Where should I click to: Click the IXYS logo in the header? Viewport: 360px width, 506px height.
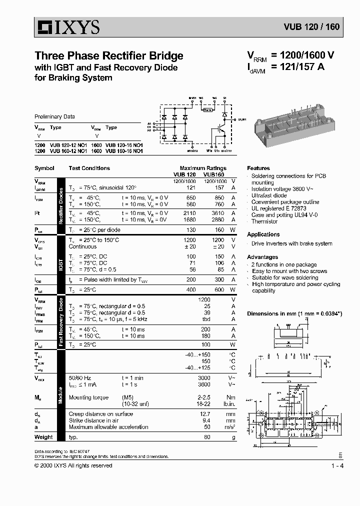[67, 27]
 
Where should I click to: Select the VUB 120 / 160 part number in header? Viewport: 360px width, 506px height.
[312, 27]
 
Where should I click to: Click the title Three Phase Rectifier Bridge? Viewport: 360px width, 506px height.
[108, 55]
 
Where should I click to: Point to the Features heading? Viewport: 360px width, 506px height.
[258, 168]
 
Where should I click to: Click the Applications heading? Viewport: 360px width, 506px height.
[263, 234]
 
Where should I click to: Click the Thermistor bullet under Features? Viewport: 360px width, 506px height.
[264, 221]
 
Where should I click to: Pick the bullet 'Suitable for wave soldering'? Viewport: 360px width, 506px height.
[285, 277]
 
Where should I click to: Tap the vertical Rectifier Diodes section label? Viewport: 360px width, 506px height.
[61, 204]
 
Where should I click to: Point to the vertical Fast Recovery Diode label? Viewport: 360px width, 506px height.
[61, 322]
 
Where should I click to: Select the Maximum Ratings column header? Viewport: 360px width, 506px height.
[203, 168]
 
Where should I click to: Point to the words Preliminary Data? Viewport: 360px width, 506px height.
[54, 116]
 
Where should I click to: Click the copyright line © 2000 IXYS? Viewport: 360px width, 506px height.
[73, 466]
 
